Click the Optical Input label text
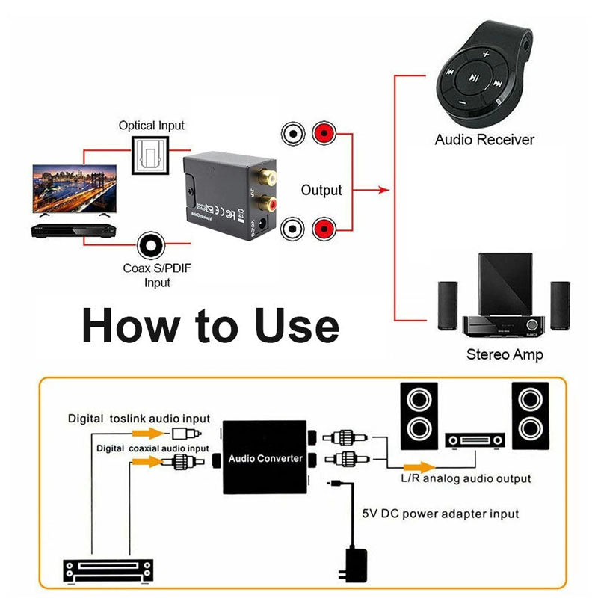click(151, 126)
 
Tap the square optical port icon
click(151, 155)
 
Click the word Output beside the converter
click(321, 191)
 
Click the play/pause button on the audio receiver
click(474, 77)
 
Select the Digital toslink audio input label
click(139, 419)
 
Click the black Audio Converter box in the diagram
click(265, 457)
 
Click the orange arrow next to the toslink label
click(153, 433)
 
